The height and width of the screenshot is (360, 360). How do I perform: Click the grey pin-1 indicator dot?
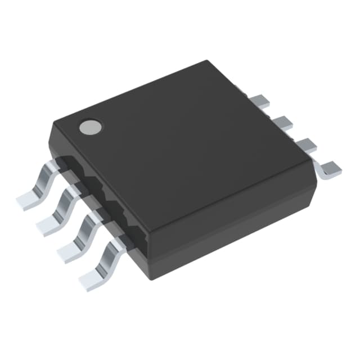point(90,127)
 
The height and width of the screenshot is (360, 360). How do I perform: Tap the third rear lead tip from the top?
point(306,145)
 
